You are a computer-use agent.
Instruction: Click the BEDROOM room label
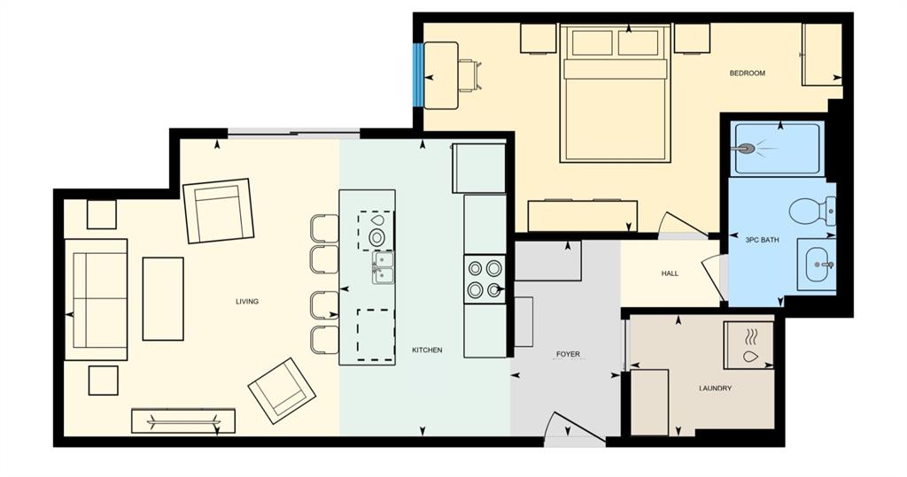(747, 73)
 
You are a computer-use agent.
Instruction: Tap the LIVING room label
(247, 301)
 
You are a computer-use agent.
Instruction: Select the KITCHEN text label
(427, 350)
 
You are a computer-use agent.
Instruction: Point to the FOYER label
(568, 354)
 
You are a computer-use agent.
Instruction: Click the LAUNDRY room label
(715, 389)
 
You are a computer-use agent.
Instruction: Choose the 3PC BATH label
(763, 240)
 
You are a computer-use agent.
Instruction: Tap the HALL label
(670, 273)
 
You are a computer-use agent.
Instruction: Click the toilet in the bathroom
(812, 210)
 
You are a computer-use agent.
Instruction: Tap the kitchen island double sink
(383, 267)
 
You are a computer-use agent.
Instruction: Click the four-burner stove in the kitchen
(485, 280)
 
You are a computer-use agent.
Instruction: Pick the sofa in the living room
(96, 299)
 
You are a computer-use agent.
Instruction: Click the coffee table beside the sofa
(163, 298)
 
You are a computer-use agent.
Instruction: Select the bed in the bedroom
(615, 93)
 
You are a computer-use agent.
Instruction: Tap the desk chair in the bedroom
(470, 75)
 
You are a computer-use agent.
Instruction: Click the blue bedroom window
(417, 75)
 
